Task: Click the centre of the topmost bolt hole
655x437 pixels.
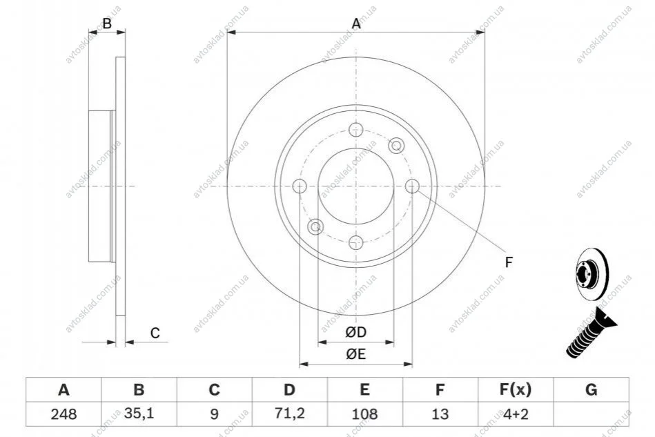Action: tap(356, 130)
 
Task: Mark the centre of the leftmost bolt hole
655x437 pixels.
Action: tap(300, 186)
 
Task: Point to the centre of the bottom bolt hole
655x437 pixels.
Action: tap(356, 242)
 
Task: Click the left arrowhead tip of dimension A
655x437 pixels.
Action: tap(227, 32)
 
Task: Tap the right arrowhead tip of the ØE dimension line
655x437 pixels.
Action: tap(412, 364)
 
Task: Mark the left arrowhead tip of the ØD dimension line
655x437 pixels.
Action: tap(318, 342)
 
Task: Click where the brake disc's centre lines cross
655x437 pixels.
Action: tap(356, 186)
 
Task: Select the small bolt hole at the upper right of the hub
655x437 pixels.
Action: tap(396, 146)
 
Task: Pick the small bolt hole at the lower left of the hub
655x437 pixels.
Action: tap(316, 226)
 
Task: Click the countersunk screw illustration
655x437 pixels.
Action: tap(591, 333)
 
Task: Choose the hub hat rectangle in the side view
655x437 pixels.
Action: tap(101, 186)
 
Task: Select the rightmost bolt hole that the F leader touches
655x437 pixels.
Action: tap(412, 186)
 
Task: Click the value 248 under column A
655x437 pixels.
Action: tap(63, 414)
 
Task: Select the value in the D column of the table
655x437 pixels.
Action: tap(289, 414)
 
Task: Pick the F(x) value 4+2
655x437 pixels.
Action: tap(516, 414)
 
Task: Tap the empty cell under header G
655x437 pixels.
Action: tap(591, 414)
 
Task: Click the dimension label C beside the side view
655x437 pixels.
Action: tap(155, 333)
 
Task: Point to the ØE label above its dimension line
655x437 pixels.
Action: tap(356, 354)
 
